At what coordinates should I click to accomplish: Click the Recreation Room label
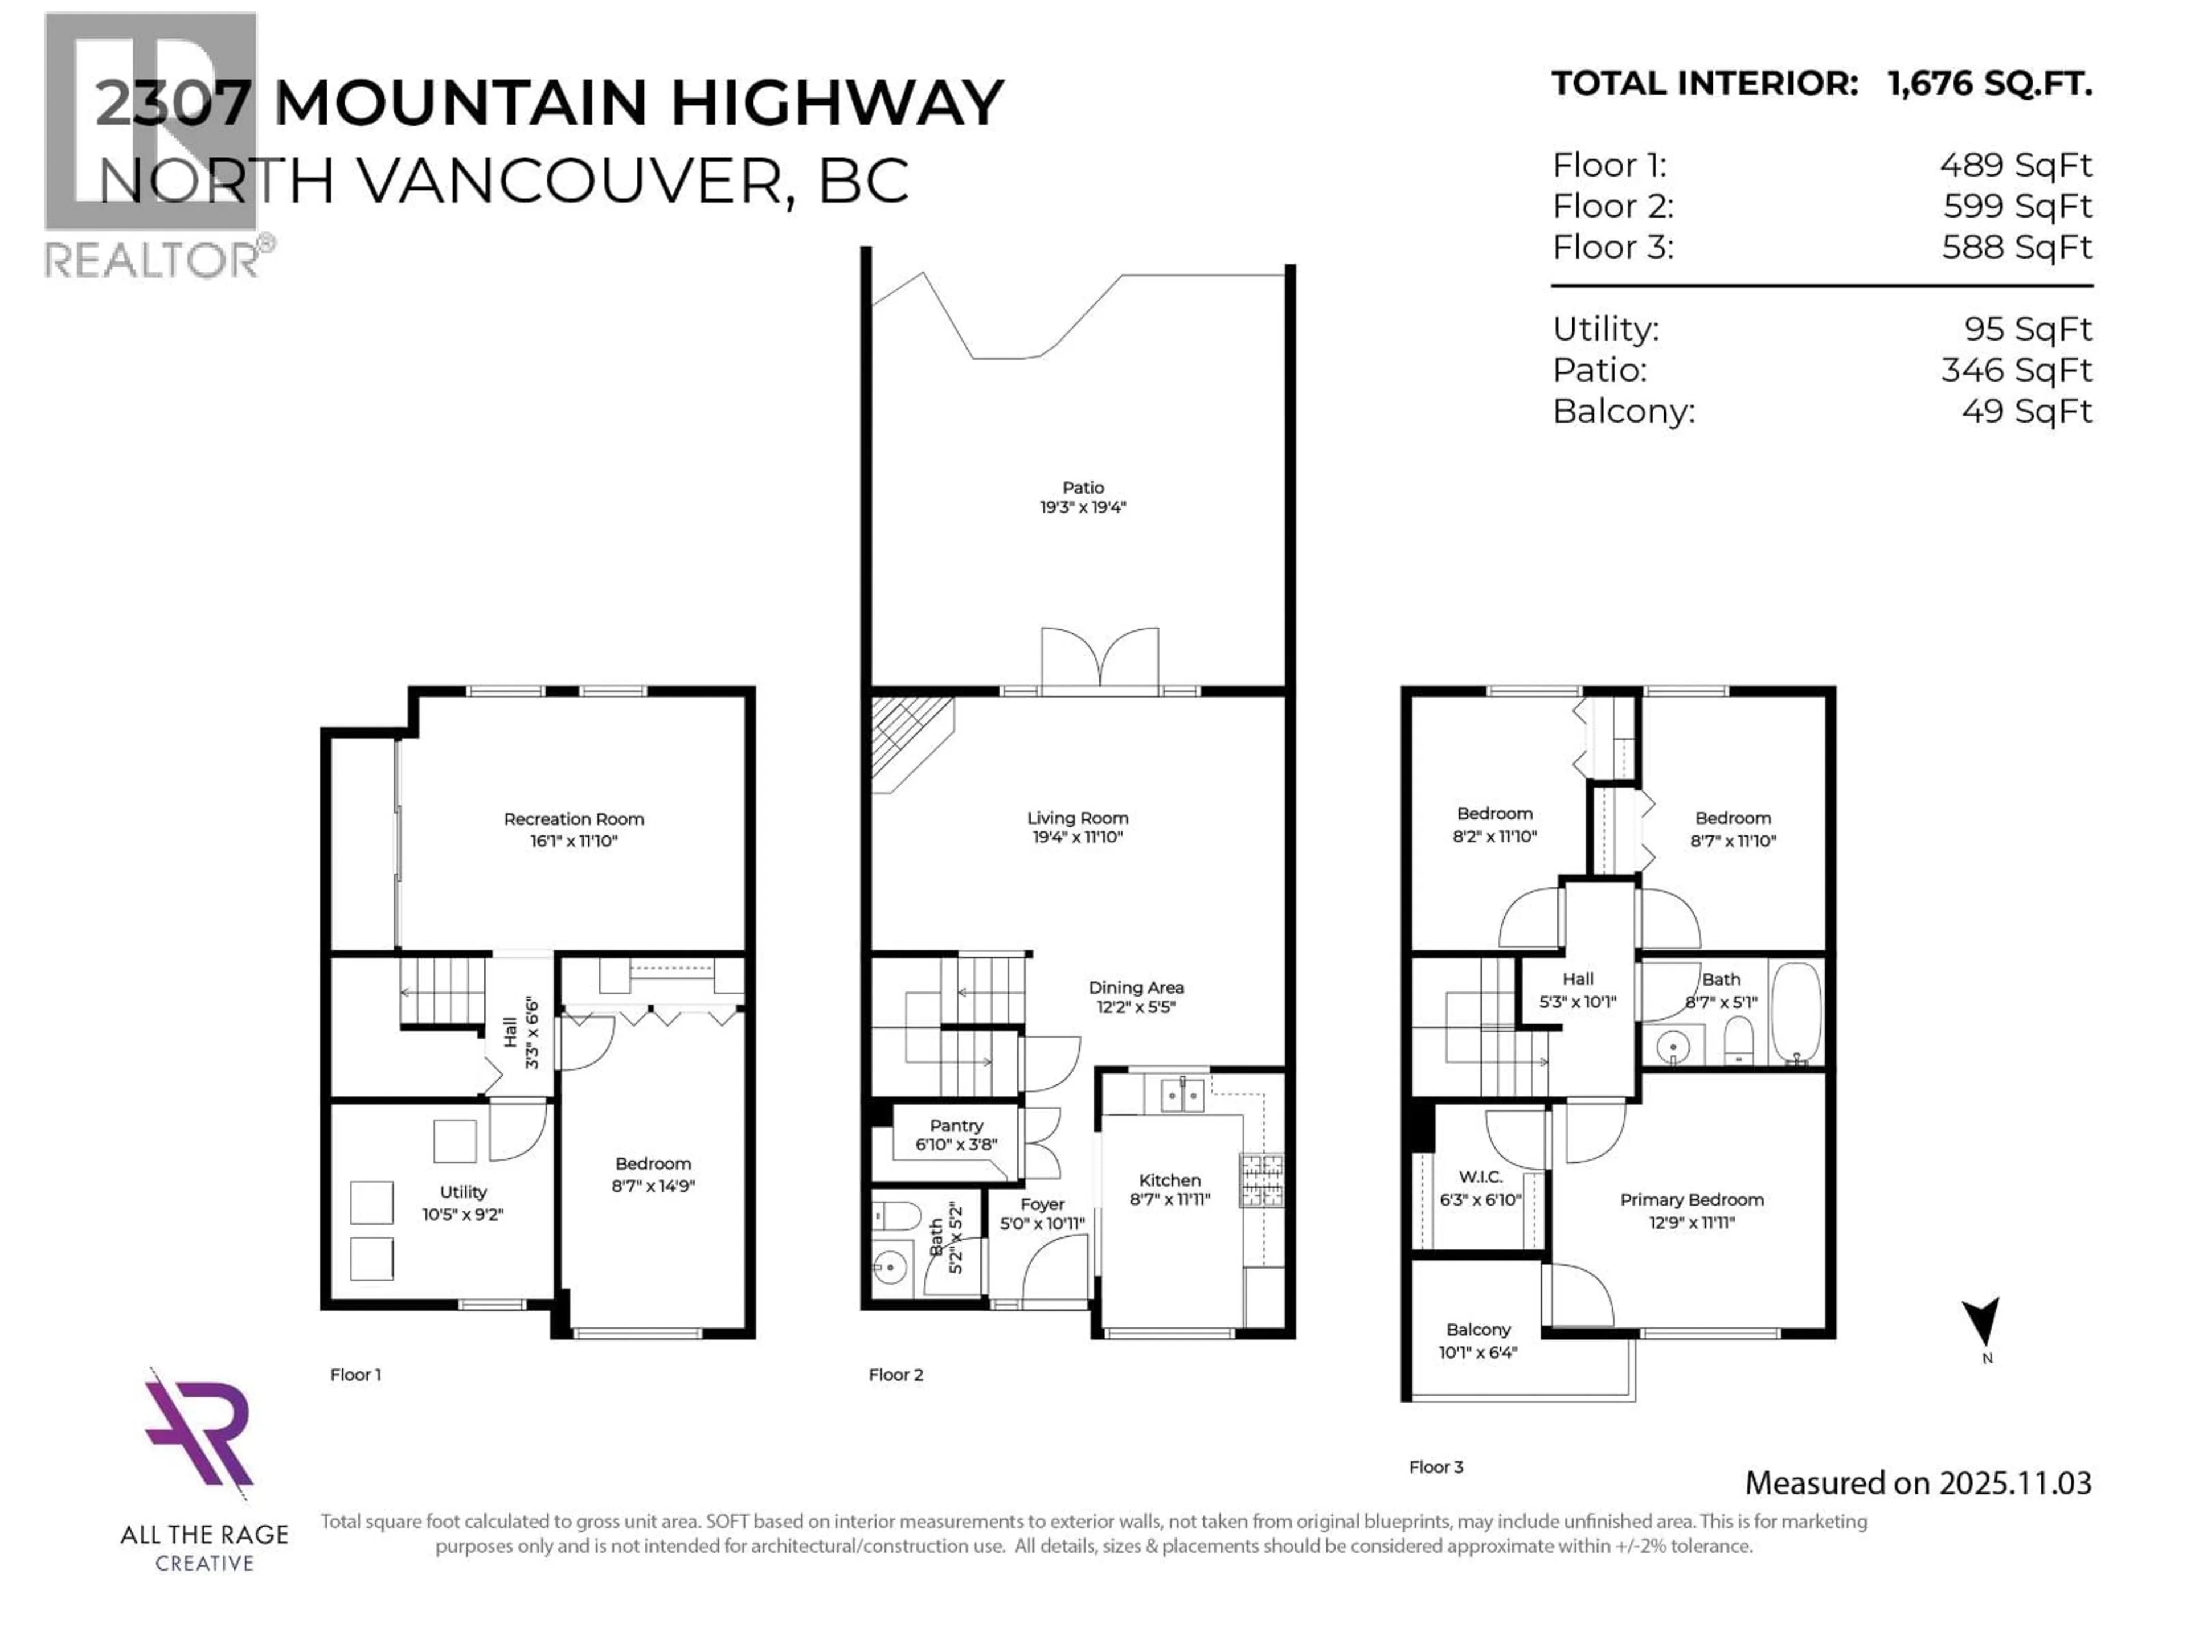(574, 818)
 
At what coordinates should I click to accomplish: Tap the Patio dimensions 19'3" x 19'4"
(1083, 507)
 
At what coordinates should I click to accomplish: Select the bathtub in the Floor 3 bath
(1796, 1012)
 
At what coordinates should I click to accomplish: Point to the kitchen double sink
(1182, 1095)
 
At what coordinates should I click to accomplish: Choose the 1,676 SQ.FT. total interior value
(1989, 83)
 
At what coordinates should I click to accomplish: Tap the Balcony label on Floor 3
(1478, 1330)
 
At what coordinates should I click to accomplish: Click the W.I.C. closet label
(1480, 1178)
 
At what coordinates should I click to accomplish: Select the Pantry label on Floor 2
(956, 1126)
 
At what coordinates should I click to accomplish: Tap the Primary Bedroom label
(1692, 1199)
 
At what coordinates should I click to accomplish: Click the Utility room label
(462, 1192)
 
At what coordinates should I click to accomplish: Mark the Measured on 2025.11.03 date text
(1918, 1483)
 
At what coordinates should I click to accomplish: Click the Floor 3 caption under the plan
(1436, 1467)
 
